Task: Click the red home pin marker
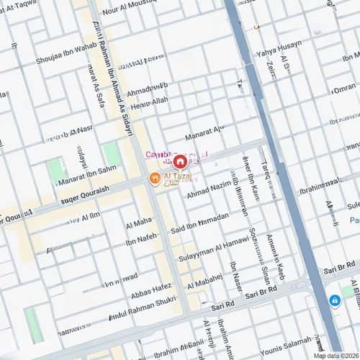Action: (x=179, y=161)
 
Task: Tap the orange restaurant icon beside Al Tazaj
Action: (x=154, y=178)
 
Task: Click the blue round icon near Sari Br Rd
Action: (x=335, y=300)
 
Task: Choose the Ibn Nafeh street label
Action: (x=140, y=238)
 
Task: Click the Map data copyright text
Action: (x=336, y=355)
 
